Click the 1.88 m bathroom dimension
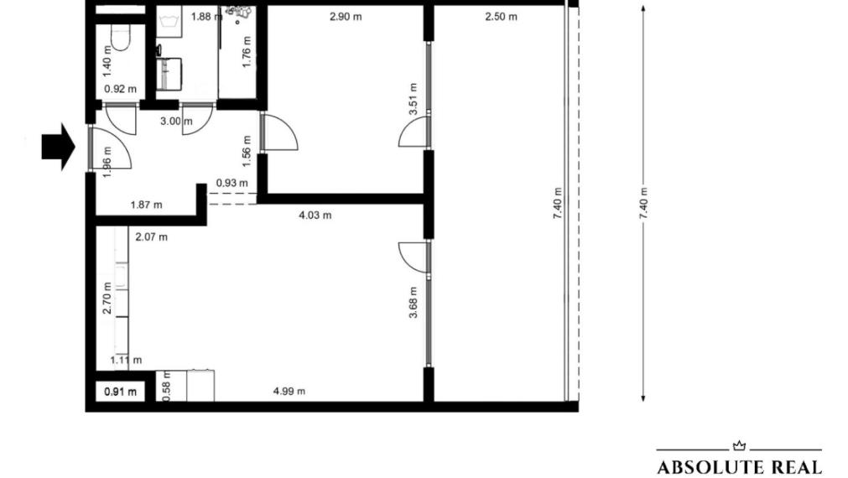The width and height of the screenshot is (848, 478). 201,17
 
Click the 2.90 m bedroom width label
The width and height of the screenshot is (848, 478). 346,17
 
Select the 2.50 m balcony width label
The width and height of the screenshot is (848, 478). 501,17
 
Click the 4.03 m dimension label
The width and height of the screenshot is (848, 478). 315,215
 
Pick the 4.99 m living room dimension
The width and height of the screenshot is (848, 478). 289,391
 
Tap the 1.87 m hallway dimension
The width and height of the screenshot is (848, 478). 146,204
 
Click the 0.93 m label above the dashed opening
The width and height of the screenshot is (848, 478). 232,183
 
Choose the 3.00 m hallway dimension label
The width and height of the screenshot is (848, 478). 176,121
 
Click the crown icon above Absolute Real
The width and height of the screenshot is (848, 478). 738,446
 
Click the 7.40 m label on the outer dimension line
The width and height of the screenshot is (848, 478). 643,203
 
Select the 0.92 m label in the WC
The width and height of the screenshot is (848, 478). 120,87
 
